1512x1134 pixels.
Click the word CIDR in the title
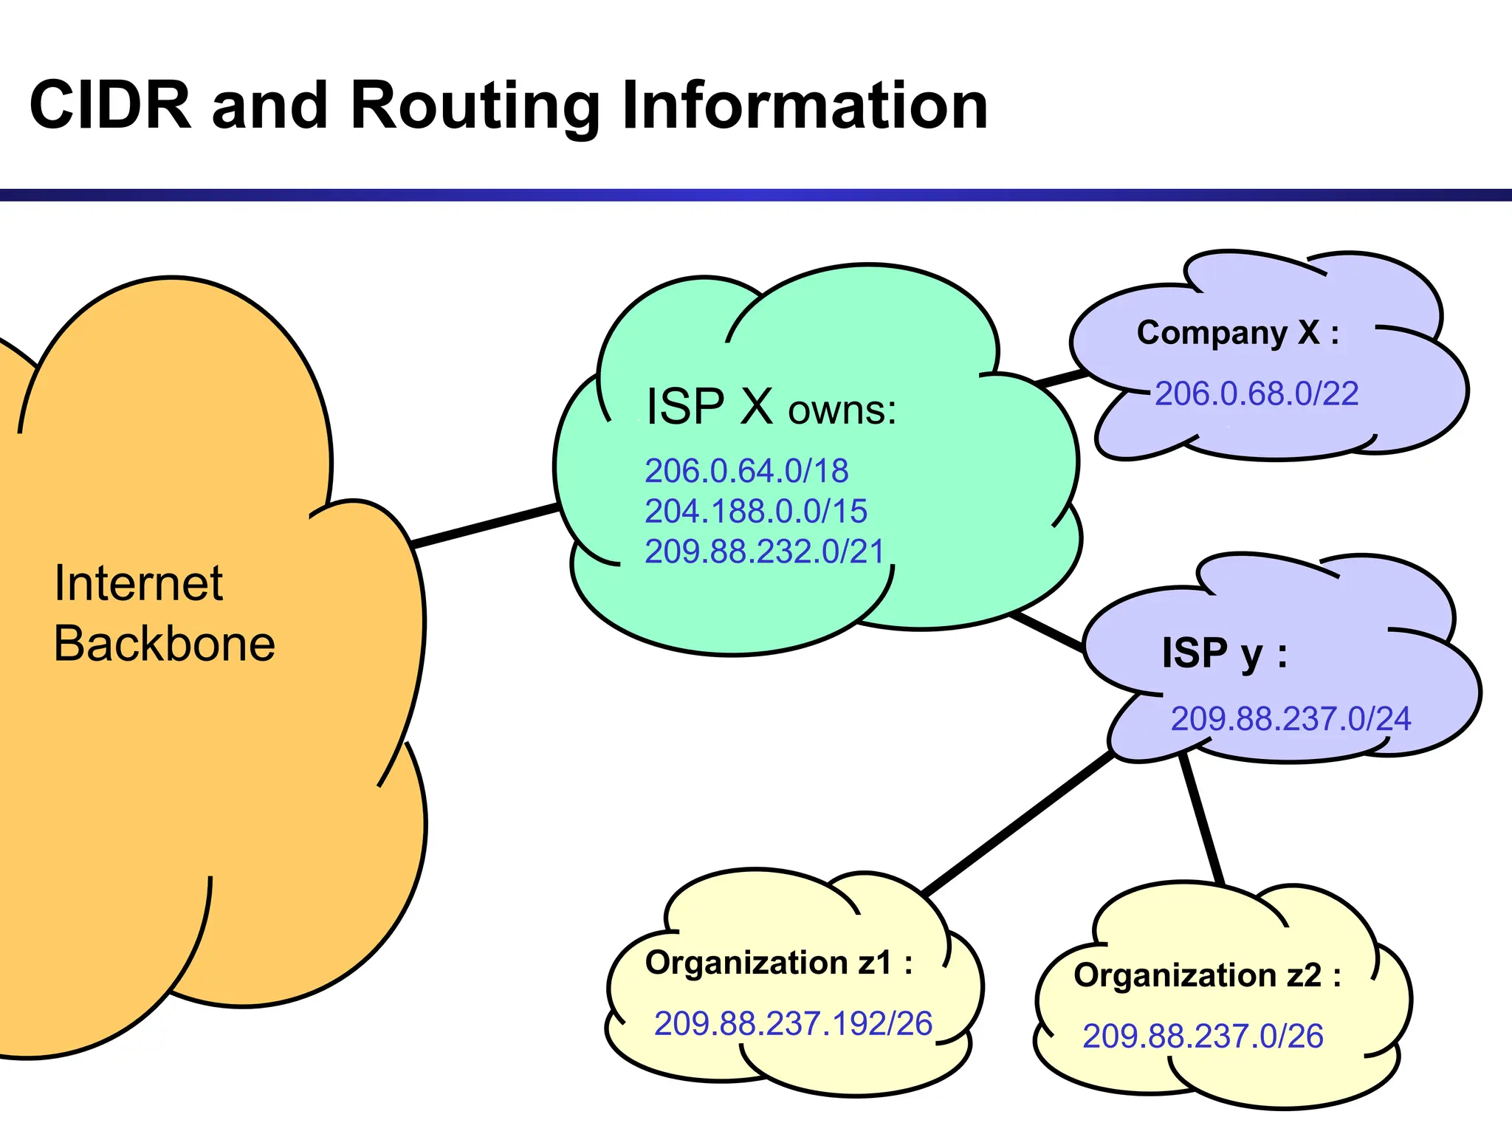click(111, 106)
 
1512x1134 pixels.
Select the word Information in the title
click(804, 106)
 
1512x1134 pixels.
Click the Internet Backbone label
click(164, 613)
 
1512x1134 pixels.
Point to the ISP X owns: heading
click(770, 407)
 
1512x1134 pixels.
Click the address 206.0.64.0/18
click(746, 471)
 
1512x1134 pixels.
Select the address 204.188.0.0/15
click(755, 511)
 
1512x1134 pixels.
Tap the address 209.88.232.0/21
click(764, 551)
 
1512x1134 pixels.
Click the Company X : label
click(1237, 333)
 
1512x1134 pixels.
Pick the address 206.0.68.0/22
click(1256, 394)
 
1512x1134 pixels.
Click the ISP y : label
click(1224, 653)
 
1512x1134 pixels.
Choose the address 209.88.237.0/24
click(1291, 718)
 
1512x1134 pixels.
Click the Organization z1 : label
click(778, 963)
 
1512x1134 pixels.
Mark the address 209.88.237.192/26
click(793, 1024)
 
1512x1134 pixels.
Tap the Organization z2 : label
click(1207, 975)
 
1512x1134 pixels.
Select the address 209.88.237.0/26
click(1202, 1037)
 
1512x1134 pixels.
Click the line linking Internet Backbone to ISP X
click(484, 526)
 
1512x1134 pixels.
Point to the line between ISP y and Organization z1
click(1019, 823)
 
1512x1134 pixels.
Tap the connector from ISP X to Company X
click(1060, 379)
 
